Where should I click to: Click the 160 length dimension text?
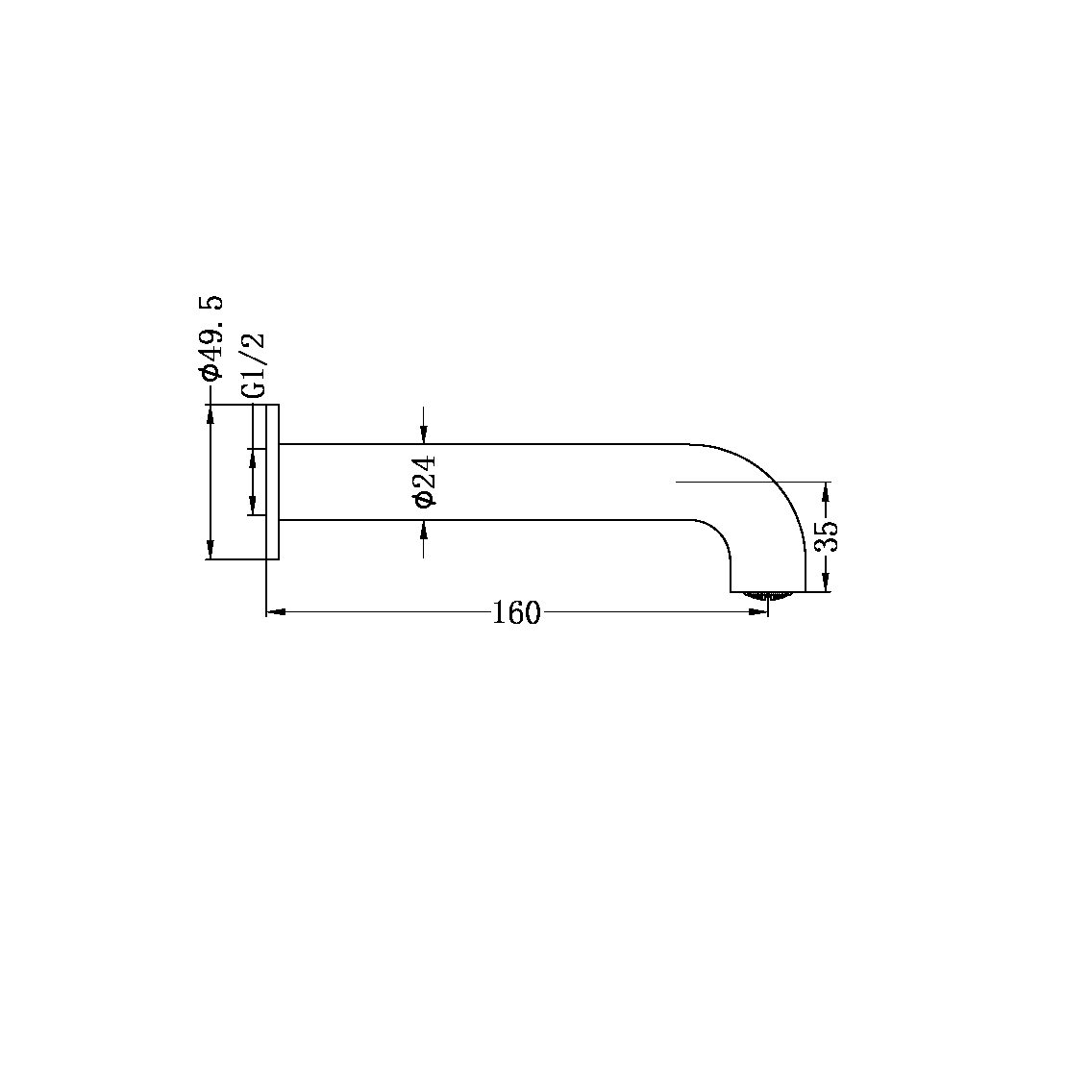point(516,612)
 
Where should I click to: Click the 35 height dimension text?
point(827,535)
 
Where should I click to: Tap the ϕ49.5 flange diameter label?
point(211,338)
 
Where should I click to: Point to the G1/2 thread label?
point(253,365)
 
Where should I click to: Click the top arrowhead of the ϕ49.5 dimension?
point(211,412)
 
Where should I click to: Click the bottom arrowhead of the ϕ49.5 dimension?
point(211,551)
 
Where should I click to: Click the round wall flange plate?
point(272,481)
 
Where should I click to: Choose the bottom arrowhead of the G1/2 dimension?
point(253,507)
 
